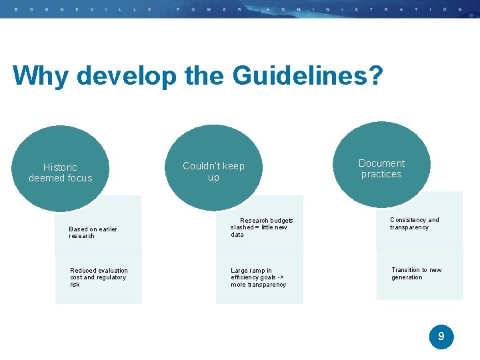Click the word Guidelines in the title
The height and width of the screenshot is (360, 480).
click(x=300, y=76)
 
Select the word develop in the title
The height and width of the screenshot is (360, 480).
click(x=127, y=76)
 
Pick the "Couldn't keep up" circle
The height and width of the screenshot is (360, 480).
click(x=213, y=169)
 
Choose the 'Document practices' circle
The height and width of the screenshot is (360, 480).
click(x=381, y=167)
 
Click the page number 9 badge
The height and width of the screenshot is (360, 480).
click(x=441, y=337)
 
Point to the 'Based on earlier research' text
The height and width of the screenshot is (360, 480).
click(x=93, y=233)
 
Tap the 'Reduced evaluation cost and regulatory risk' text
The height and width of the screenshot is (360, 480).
click(x=99, y=277)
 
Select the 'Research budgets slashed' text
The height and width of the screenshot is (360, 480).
click(x=262, y=227)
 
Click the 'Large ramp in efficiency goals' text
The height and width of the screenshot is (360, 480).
click(x=258, y=277)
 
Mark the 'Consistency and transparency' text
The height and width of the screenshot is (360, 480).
click(x=414, y=223)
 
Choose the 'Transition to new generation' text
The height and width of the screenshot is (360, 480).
click(x=416, y=273)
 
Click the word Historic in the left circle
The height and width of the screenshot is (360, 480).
click(x=60, y=167)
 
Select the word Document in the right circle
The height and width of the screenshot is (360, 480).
click(x=381, y=163)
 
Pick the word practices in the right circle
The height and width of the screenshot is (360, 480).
click(x=381, y=175)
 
